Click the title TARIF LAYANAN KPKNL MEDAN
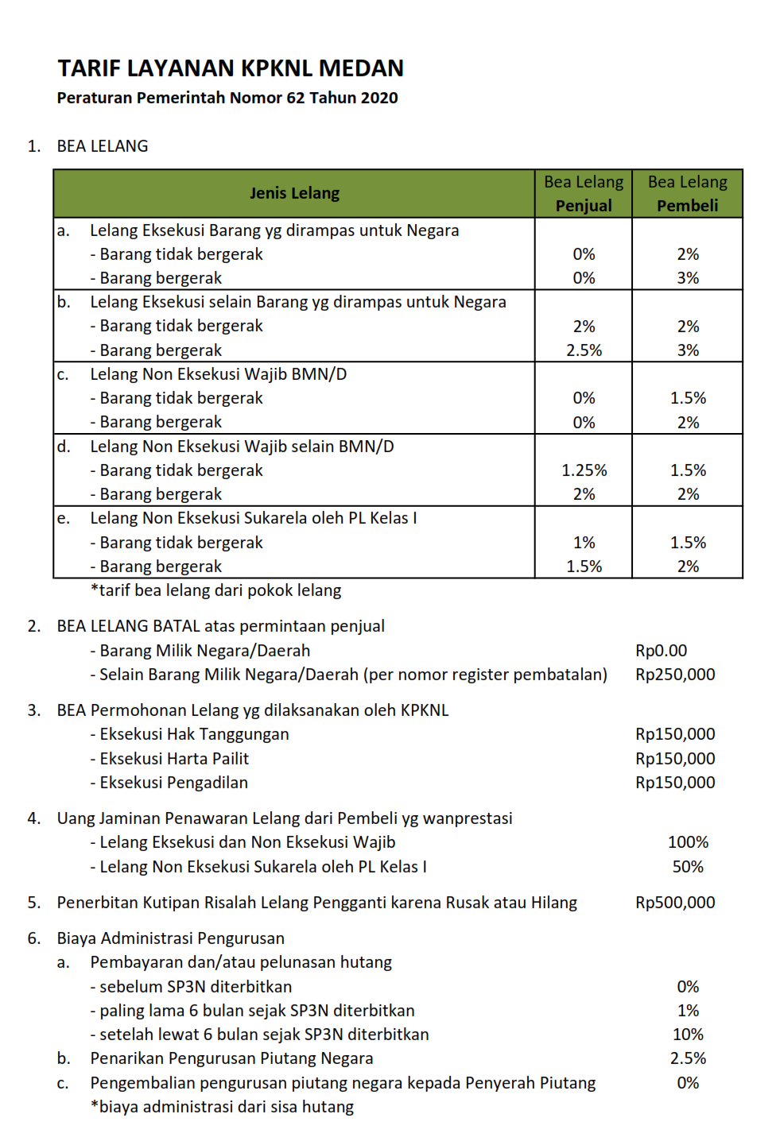[230, 68]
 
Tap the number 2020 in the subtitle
[378, 98]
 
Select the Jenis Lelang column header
[294, 193]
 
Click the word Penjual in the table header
[584, 206]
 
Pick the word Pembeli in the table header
[687, 206]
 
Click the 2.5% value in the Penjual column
[584, 350]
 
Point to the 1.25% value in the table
[584, 470]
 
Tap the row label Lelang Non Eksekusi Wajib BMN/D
[218, 374]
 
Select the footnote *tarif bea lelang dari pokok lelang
[215, 590]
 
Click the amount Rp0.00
[661, 651]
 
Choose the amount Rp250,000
[675, 675]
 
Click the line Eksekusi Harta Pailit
[174, 759]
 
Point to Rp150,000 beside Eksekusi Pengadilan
[675, 783]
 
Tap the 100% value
[688, 842]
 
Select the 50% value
[688, 867]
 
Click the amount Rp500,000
[675, 903]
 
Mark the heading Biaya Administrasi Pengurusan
[170, 938]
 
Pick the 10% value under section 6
[688, 1035]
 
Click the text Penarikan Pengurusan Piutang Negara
[231, 1058]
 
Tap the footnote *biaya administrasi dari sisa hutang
[222, 1107]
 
